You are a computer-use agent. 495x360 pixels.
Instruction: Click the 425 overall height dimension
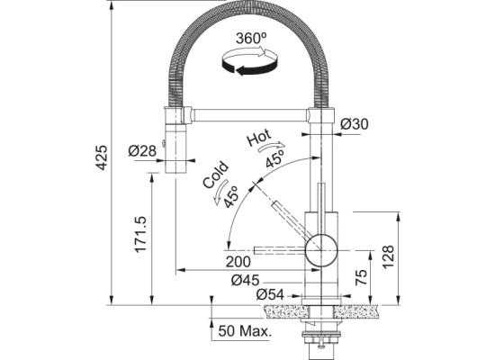coord(102,157)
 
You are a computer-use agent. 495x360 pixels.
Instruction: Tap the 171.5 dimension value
coord(140,234)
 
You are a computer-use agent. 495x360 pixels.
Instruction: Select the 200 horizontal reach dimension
coord(238,262)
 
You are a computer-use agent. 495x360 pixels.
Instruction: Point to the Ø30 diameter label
coord(355,124)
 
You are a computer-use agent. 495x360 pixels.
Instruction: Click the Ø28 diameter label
coord(142,150)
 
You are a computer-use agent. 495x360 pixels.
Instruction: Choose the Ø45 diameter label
coord(246,280)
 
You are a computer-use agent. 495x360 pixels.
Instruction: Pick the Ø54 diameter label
coord(270,295)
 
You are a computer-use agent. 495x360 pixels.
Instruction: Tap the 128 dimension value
coord(388,256)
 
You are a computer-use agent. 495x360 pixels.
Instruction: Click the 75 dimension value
coord(362,277)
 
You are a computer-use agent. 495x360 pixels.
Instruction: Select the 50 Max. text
coord(245,331)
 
